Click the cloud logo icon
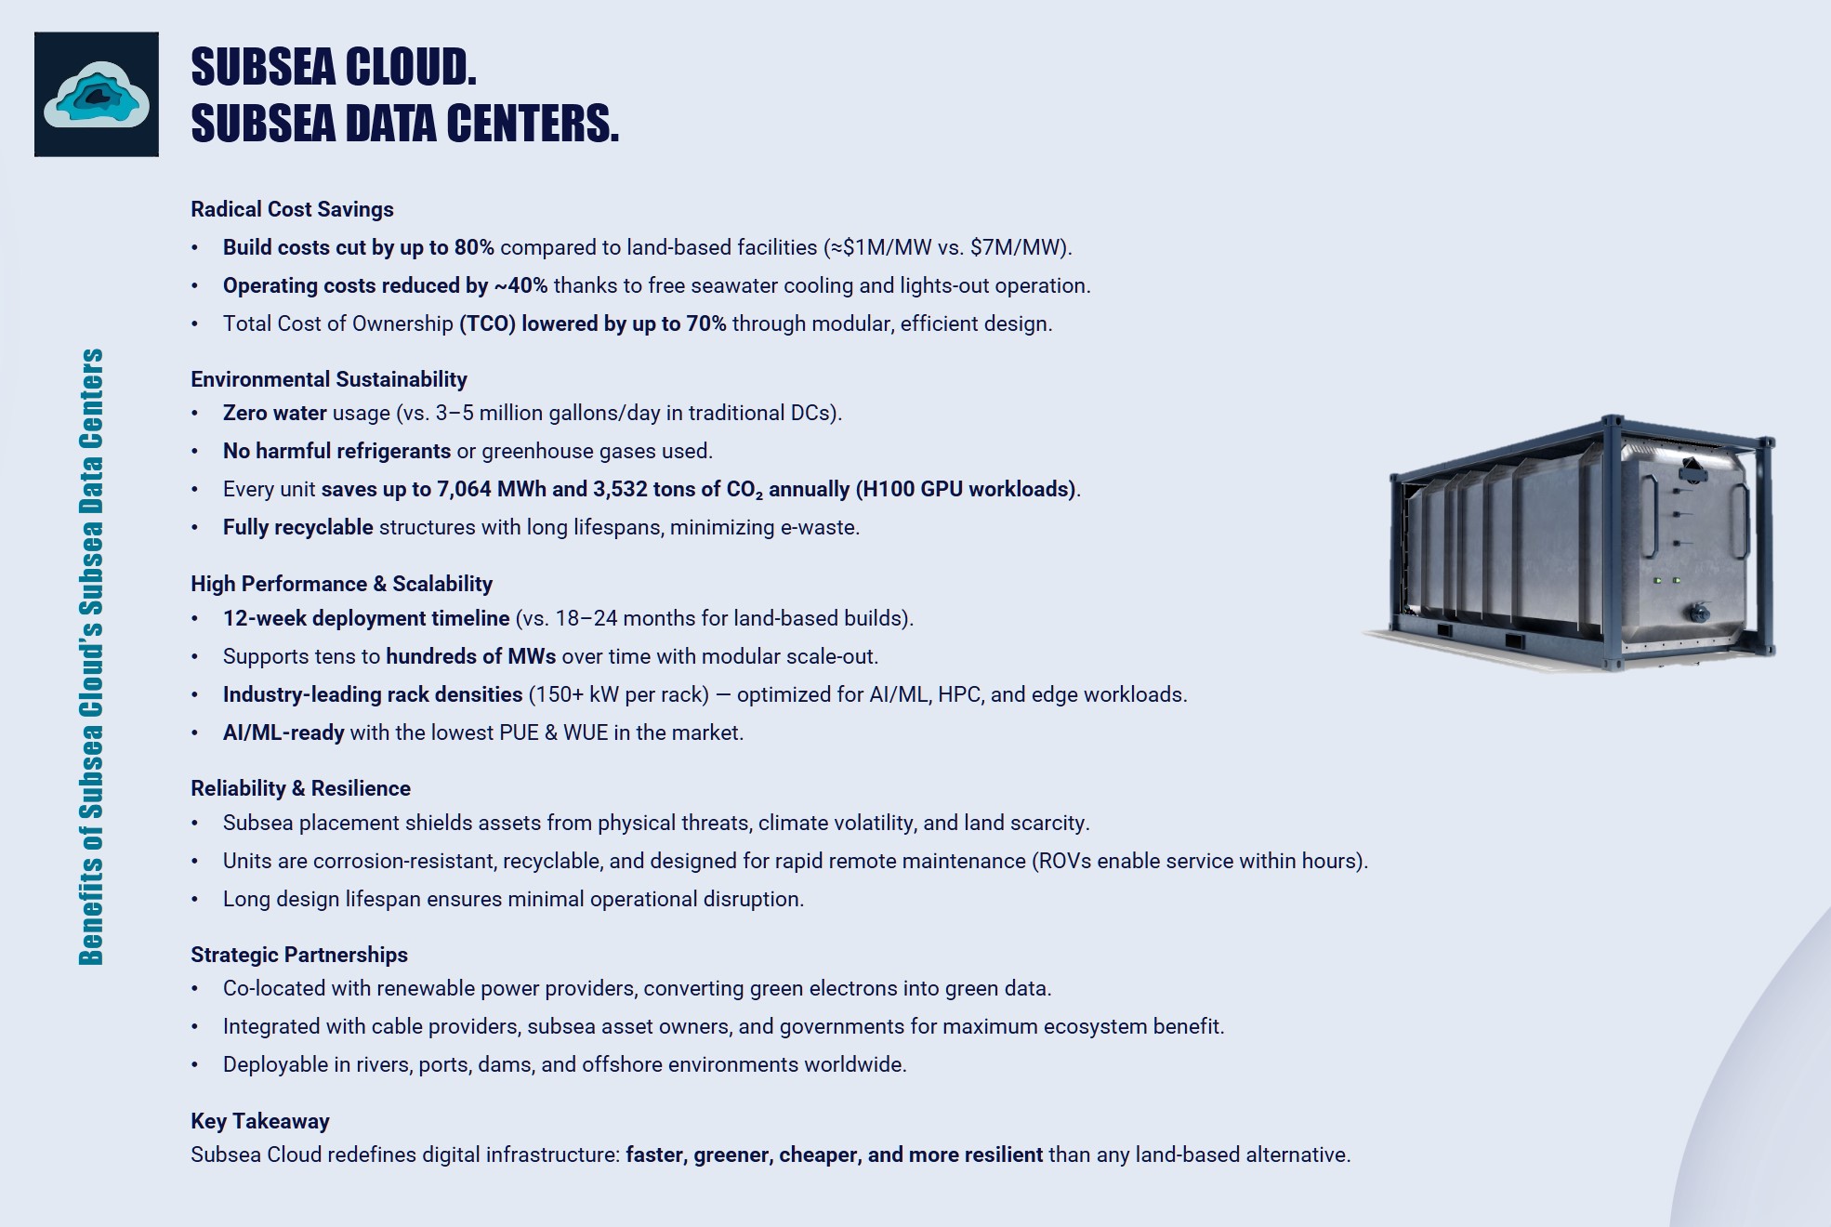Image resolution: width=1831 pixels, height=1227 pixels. (x=97, y=94)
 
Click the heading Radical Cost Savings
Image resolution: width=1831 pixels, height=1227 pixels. (x=292, y=209)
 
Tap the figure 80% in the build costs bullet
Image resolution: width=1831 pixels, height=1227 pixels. (x=474, y=247)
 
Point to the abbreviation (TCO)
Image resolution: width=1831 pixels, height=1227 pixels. (x=487, y=323)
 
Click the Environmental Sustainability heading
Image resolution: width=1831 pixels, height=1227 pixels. (x=328, y=379)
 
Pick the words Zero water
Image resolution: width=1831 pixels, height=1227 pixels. (x=274, y=413)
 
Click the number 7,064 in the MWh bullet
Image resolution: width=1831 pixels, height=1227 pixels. (x=464, y=489)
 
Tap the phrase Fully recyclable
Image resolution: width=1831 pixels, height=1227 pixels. (x=297, y=527)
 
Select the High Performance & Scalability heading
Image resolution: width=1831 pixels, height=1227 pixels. (x=341, y=584)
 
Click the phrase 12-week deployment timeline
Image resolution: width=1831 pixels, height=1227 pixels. (x=365, y=618)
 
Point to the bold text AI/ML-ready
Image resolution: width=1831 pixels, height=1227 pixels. (x=283, y=732)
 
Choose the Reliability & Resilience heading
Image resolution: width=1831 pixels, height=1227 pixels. (x=300, y=788)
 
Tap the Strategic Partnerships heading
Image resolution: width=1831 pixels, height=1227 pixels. (x=298, y=955)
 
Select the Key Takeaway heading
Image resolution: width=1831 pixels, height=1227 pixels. (x=259, y=1121)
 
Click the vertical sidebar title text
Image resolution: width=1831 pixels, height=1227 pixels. (x=91, y=656)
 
